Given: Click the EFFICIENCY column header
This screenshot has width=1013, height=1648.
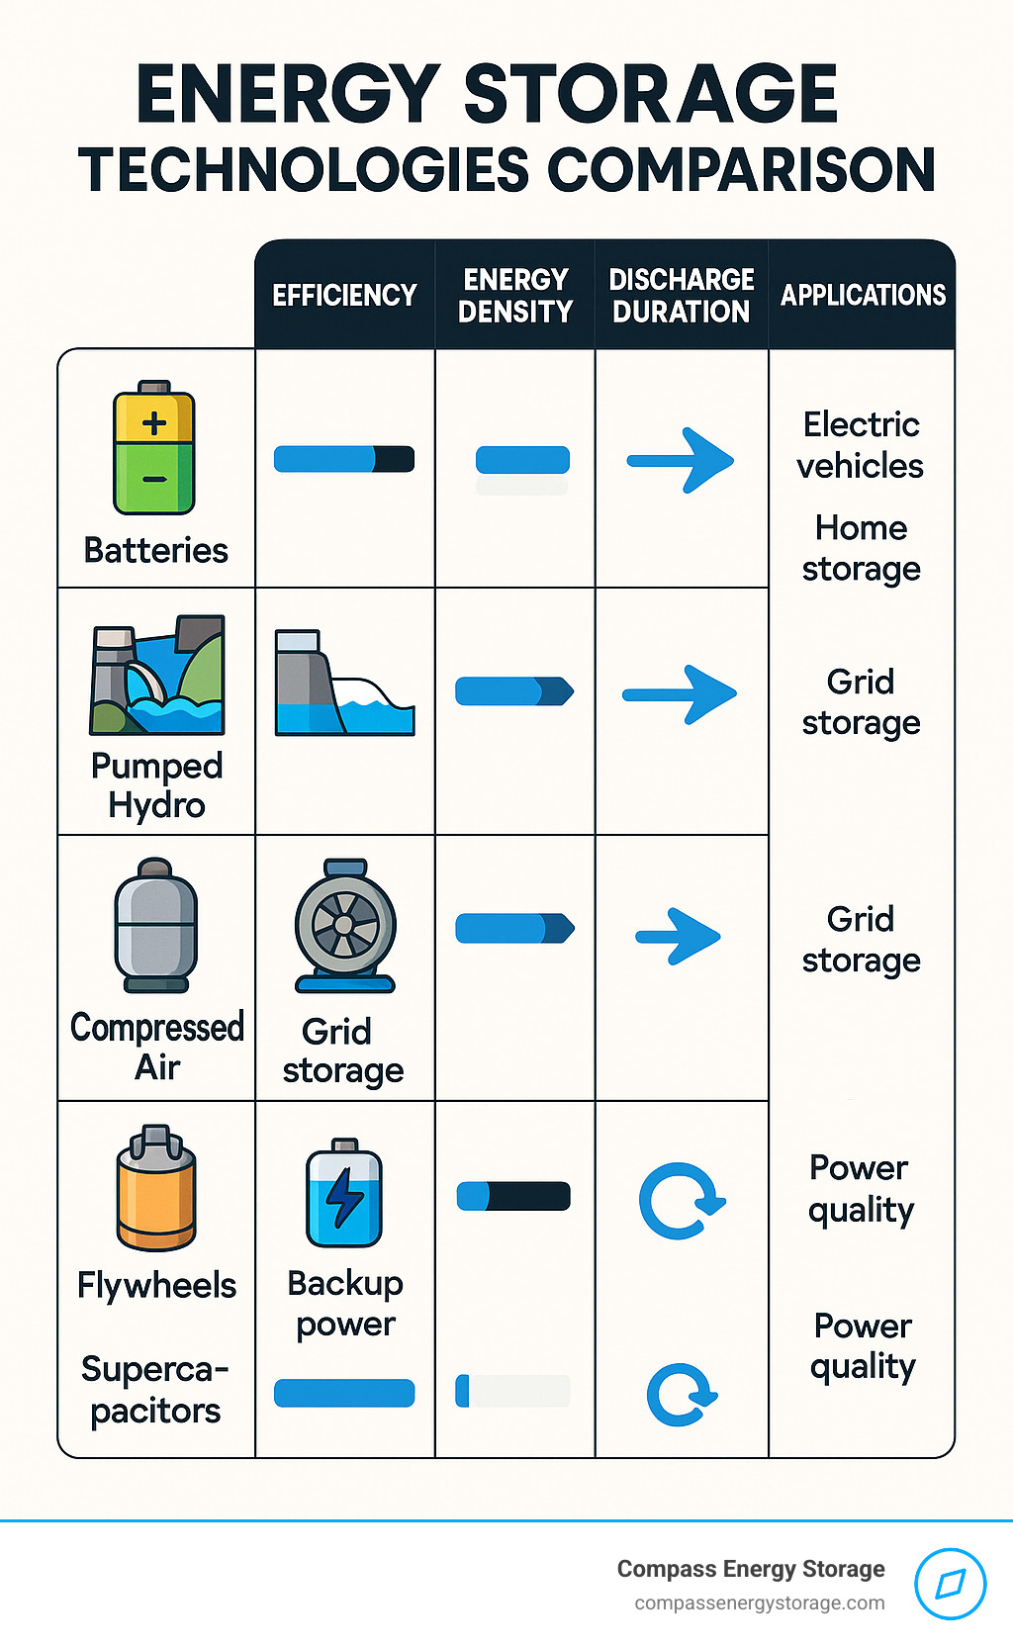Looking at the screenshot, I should (x=344, y=295).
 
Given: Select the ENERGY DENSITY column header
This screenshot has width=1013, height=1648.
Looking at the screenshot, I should (x=515, y=295).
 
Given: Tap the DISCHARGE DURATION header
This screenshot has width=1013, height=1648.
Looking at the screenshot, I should (x=682, y=295).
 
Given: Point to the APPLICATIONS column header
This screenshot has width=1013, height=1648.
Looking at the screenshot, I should (x=863, y=295).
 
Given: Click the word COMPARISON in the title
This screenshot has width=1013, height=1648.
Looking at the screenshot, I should (x=741, y=169).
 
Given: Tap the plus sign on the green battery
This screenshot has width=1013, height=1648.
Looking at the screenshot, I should (x=154, y=423).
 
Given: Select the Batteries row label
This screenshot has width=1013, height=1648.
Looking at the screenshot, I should (x=156, y=550).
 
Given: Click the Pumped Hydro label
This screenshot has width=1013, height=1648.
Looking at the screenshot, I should (x=156, y=785).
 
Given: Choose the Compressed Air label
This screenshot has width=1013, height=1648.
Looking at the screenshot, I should (x=156, y=1047).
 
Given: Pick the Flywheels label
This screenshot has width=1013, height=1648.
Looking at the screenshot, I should (x=156, y=1285).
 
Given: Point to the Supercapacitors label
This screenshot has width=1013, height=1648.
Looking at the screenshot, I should (x=155, y=1390).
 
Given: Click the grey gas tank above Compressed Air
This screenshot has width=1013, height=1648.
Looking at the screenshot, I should (x=156, y=925).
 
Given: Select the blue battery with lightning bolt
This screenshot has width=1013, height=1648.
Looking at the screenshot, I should (x=344, y=1193).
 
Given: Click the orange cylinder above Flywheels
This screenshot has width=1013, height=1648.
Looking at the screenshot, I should (x=156, y=1189).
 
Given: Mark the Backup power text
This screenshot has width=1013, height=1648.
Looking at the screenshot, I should (x=345, y=1304).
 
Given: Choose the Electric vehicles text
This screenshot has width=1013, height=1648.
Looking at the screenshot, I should (x=861, y=445).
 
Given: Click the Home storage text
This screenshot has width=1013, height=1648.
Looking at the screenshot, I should (x=861, y=548).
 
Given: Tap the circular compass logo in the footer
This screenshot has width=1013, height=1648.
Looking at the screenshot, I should (x=950, y=1584).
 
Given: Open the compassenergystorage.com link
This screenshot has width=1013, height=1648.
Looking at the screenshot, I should (x=760, y=1603).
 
